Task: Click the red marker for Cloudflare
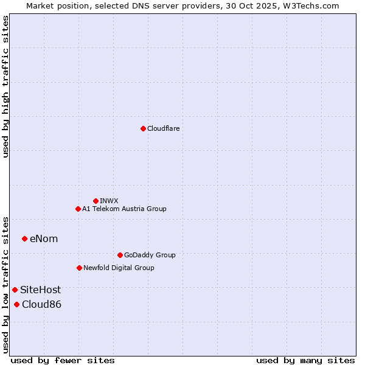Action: [x=143, y=128]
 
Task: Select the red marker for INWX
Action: [x=96, y=201]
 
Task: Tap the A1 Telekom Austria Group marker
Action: [x=78, y=209]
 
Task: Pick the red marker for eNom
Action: [x=24, y=238]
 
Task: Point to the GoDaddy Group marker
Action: [x=120, y=255]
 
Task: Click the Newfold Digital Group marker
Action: [x=79, y=268]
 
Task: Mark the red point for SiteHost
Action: [x=15, y=290]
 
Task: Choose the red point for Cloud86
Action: [x=16, y=304]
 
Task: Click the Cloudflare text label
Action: [x=163, y=128]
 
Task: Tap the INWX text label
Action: [x=109, y=201]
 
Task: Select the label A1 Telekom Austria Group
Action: [x=124, y=209]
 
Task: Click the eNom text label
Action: [x=44, y=238]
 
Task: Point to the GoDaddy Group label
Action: [x=149, y=255]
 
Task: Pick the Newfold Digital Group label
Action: [x=119, y=268]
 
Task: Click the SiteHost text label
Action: [x=40, y=290]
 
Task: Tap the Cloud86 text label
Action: [x=41, y=304]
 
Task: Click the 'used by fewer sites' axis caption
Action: [x=63, y=360]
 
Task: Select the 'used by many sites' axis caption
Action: [x=305, y=360]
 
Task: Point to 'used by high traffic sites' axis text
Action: [x=5, y=86]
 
